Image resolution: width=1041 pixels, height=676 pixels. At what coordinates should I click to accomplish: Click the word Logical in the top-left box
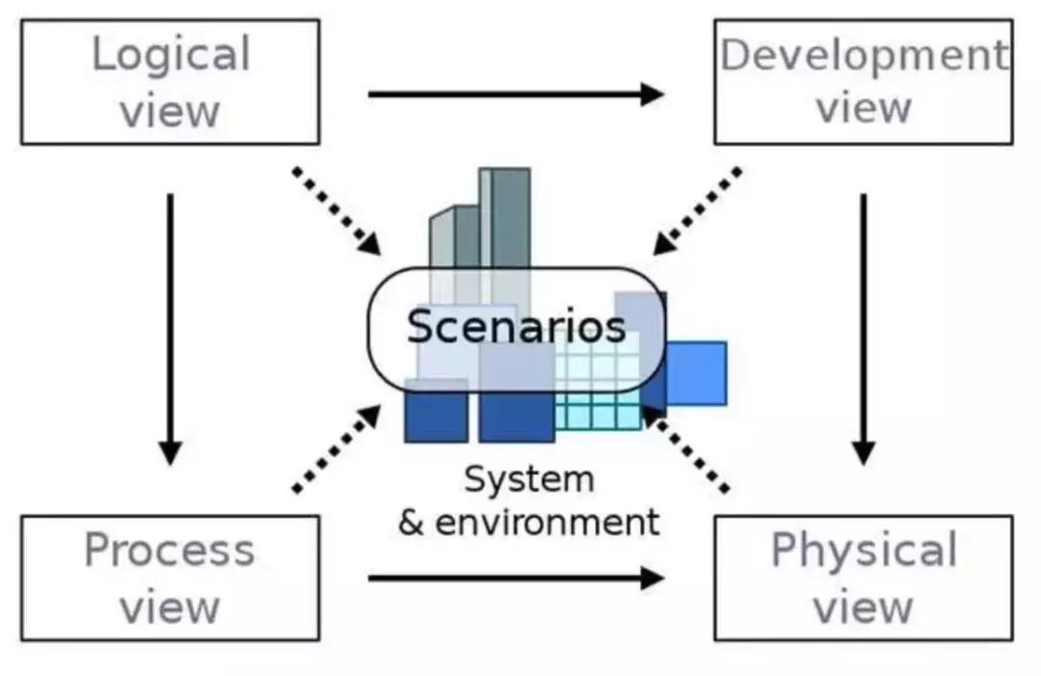[171, 55]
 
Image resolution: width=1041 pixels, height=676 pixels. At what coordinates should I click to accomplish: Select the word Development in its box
[863, 55]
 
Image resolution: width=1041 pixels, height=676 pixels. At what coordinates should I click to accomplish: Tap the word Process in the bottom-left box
[170, 551]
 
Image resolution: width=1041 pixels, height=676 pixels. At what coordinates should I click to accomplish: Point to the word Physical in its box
[864, 551]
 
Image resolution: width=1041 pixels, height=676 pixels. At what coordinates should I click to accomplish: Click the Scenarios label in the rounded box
[516, 327]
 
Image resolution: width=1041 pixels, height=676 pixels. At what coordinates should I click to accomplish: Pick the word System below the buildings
[529, 478]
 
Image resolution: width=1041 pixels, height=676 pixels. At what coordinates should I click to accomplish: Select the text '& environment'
[529, 523]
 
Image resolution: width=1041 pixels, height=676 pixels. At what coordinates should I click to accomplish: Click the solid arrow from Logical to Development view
[516, 94]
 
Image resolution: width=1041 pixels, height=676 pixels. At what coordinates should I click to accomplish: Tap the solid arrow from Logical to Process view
[171, 328]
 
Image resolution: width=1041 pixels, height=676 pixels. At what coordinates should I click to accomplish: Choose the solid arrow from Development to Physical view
[864, 328]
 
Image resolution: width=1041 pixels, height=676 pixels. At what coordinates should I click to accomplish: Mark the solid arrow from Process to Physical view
[516, 579]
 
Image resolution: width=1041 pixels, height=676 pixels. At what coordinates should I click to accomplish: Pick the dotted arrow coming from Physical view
[686, 448]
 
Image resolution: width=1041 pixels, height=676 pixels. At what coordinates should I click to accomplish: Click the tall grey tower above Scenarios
[505, 217]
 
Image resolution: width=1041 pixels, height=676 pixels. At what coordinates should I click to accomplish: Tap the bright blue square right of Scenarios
[696, 372]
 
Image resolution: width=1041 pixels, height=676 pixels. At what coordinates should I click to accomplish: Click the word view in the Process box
[170, 607]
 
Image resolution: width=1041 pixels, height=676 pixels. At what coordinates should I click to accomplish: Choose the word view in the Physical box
[864, 607]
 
